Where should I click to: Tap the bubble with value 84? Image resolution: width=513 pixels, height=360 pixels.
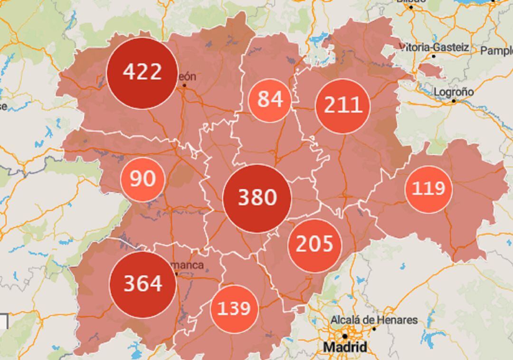270,100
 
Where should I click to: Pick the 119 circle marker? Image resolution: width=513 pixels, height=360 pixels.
428,189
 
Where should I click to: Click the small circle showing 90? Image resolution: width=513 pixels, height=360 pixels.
142,179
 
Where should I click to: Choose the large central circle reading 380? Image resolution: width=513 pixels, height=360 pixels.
257,198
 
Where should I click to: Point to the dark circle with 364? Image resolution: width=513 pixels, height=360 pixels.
142,284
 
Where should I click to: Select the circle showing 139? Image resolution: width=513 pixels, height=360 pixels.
234,309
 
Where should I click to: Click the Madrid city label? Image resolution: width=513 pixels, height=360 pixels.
345,347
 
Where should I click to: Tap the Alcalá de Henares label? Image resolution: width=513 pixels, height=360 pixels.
374,320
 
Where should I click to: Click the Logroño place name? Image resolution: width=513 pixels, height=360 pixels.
453,92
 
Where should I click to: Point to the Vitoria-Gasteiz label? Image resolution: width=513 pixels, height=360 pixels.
434,47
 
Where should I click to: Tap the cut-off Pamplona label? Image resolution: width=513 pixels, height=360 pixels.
496,50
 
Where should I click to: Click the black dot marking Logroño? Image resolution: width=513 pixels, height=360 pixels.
454,101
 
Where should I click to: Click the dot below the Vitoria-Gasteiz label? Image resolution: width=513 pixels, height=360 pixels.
434,56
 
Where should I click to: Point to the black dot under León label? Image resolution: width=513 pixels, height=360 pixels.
184,86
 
